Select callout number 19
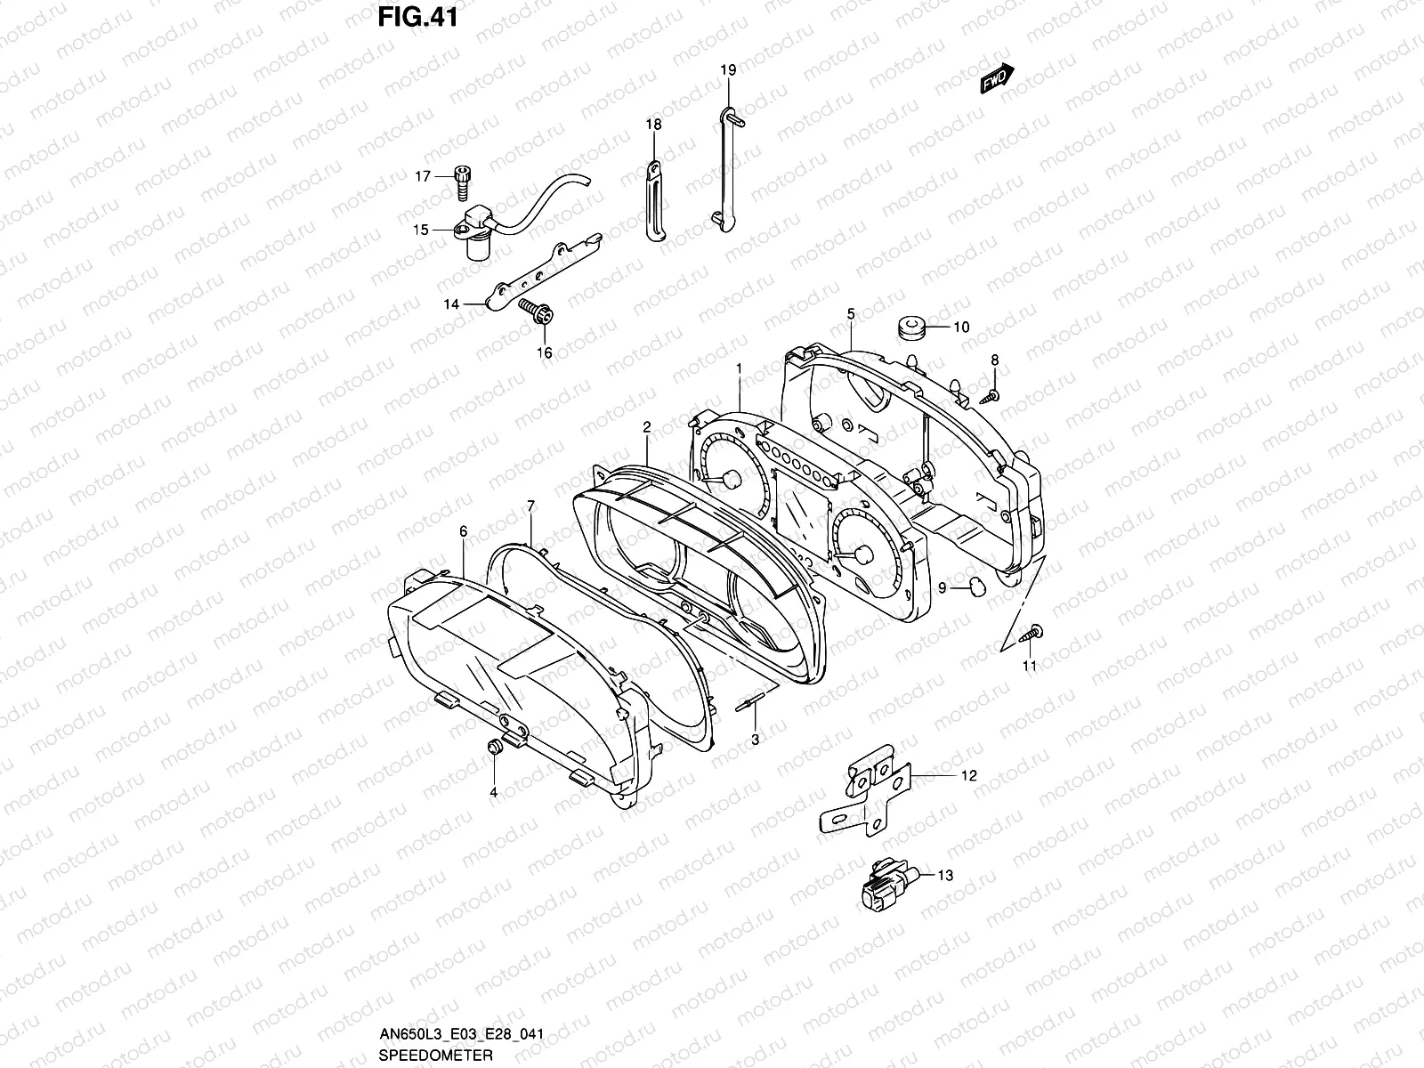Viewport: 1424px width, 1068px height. point(728,69)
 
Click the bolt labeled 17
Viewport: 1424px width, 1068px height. point(462,182)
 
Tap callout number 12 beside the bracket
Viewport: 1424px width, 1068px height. point(969,776)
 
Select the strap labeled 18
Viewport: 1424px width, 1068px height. point(654,200)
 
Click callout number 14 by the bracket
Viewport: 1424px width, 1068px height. point(451,304)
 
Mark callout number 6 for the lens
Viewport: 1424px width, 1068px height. point(463,531)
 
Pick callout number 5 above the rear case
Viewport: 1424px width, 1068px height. point(851,313)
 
